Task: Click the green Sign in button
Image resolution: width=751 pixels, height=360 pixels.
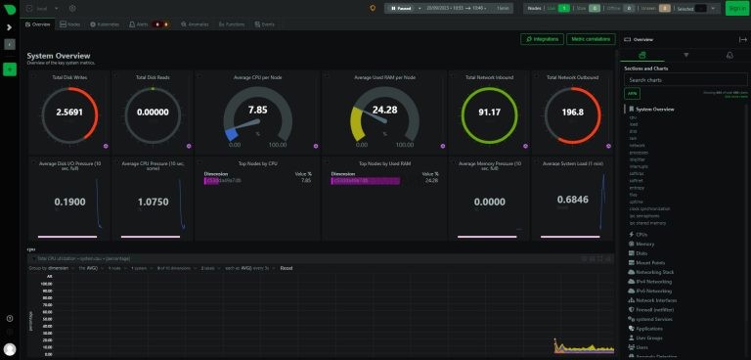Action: (736, 8)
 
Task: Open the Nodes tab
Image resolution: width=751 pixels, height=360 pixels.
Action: (72, 22)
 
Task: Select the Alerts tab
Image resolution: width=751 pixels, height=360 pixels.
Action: (139, 22)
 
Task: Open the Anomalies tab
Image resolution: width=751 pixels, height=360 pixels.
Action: (196, 22)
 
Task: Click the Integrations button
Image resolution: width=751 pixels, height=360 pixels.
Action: (542, 39)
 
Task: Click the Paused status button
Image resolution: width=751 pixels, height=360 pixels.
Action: (401, 8)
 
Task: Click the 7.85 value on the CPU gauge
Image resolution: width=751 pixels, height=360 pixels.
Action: (257, 110)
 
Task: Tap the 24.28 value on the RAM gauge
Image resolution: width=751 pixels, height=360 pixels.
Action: (384, 110)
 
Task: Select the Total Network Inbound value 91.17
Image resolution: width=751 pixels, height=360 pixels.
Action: (489, 112)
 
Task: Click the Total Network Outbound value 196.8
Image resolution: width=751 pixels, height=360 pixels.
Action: (573, 112)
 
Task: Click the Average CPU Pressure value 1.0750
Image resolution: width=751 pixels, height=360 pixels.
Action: (152, 202)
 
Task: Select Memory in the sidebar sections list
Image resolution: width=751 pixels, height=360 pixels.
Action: (645, 244)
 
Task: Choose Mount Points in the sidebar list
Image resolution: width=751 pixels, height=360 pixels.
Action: (649, 262)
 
